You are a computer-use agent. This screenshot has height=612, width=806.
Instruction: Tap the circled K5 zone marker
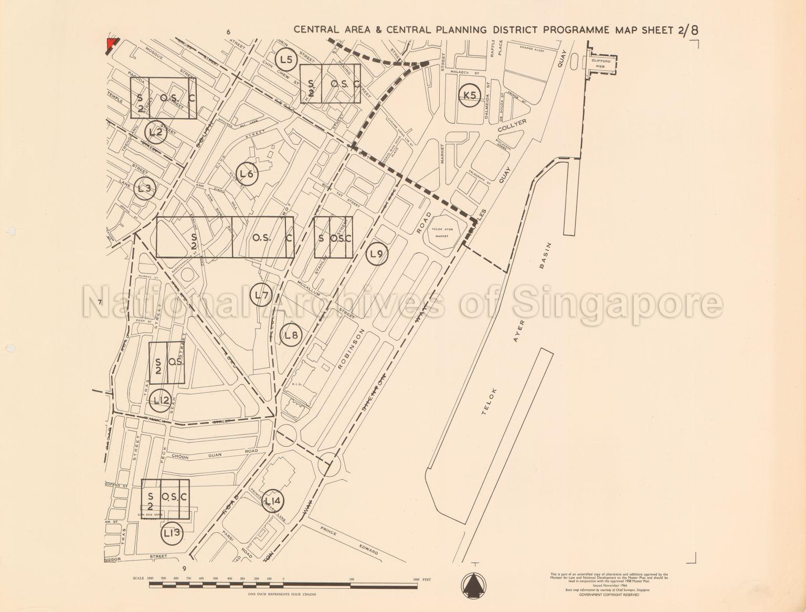pos(470,96)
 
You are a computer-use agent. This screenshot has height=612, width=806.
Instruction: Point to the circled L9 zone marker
pos(376,255)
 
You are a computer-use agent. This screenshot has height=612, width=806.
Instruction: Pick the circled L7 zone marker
pos(261,296)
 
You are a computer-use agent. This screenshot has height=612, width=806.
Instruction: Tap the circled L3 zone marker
pos(145,189)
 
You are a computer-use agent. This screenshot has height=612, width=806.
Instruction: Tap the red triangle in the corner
pos(110,44)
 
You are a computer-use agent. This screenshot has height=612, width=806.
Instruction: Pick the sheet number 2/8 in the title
pos(688,29)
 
